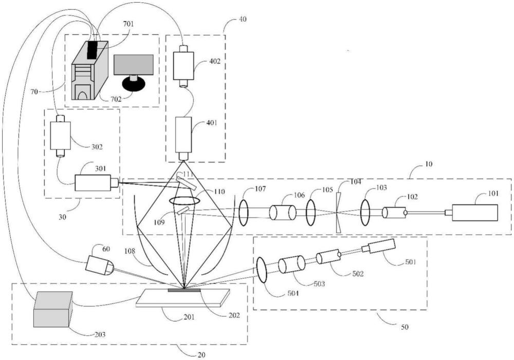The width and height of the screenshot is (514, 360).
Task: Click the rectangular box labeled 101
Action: coord(474,213)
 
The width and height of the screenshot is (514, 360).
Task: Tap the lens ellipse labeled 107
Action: coord(243,213)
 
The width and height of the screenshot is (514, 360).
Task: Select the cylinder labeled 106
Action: coord(282,212)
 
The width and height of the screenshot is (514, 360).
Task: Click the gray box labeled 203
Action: coord(53,309)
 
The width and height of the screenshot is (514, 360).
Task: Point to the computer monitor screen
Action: coord(134,64)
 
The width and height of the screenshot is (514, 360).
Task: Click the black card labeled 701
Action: coord(93,50)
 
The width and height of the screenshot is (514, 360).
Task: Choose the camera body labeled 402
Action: coord(183,66)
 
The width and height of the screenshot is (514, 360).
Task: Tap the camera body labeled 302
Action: coord(60,136)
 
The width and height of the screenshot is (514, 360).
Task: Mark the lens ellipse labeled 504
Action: coord(262,270)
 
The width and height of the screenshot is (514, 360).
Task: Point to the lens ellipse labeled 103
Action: coord(365,213)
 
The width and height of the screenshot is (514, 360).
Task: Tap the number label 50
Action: coord(405,327)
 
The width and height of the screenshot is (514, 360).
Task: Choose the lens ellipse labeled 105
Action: coord(310,213)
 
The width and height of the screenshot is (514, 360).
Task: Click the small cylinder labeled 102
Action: coord(394,212)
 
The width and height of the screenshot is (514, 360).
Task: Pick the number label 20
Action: coord(202,355)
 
